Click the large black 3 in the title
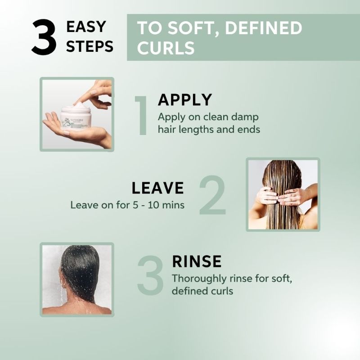tap(44, 37)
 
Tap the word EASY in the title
tap(86, 27)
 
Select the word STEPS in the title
tap(90, 46)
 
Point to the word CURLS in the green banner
tap(166, 48)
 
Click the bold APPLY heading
tap(185, 99)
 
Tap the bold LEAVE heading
tap(158, 188)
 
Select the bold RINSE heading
tap(197, 261)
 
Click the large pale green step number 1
tap(142, 116)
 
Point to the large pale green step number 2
tap(213, 195)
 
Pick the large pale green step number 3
tap(150, 275)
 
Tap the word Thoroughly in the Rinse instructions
tap(199, 279)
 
